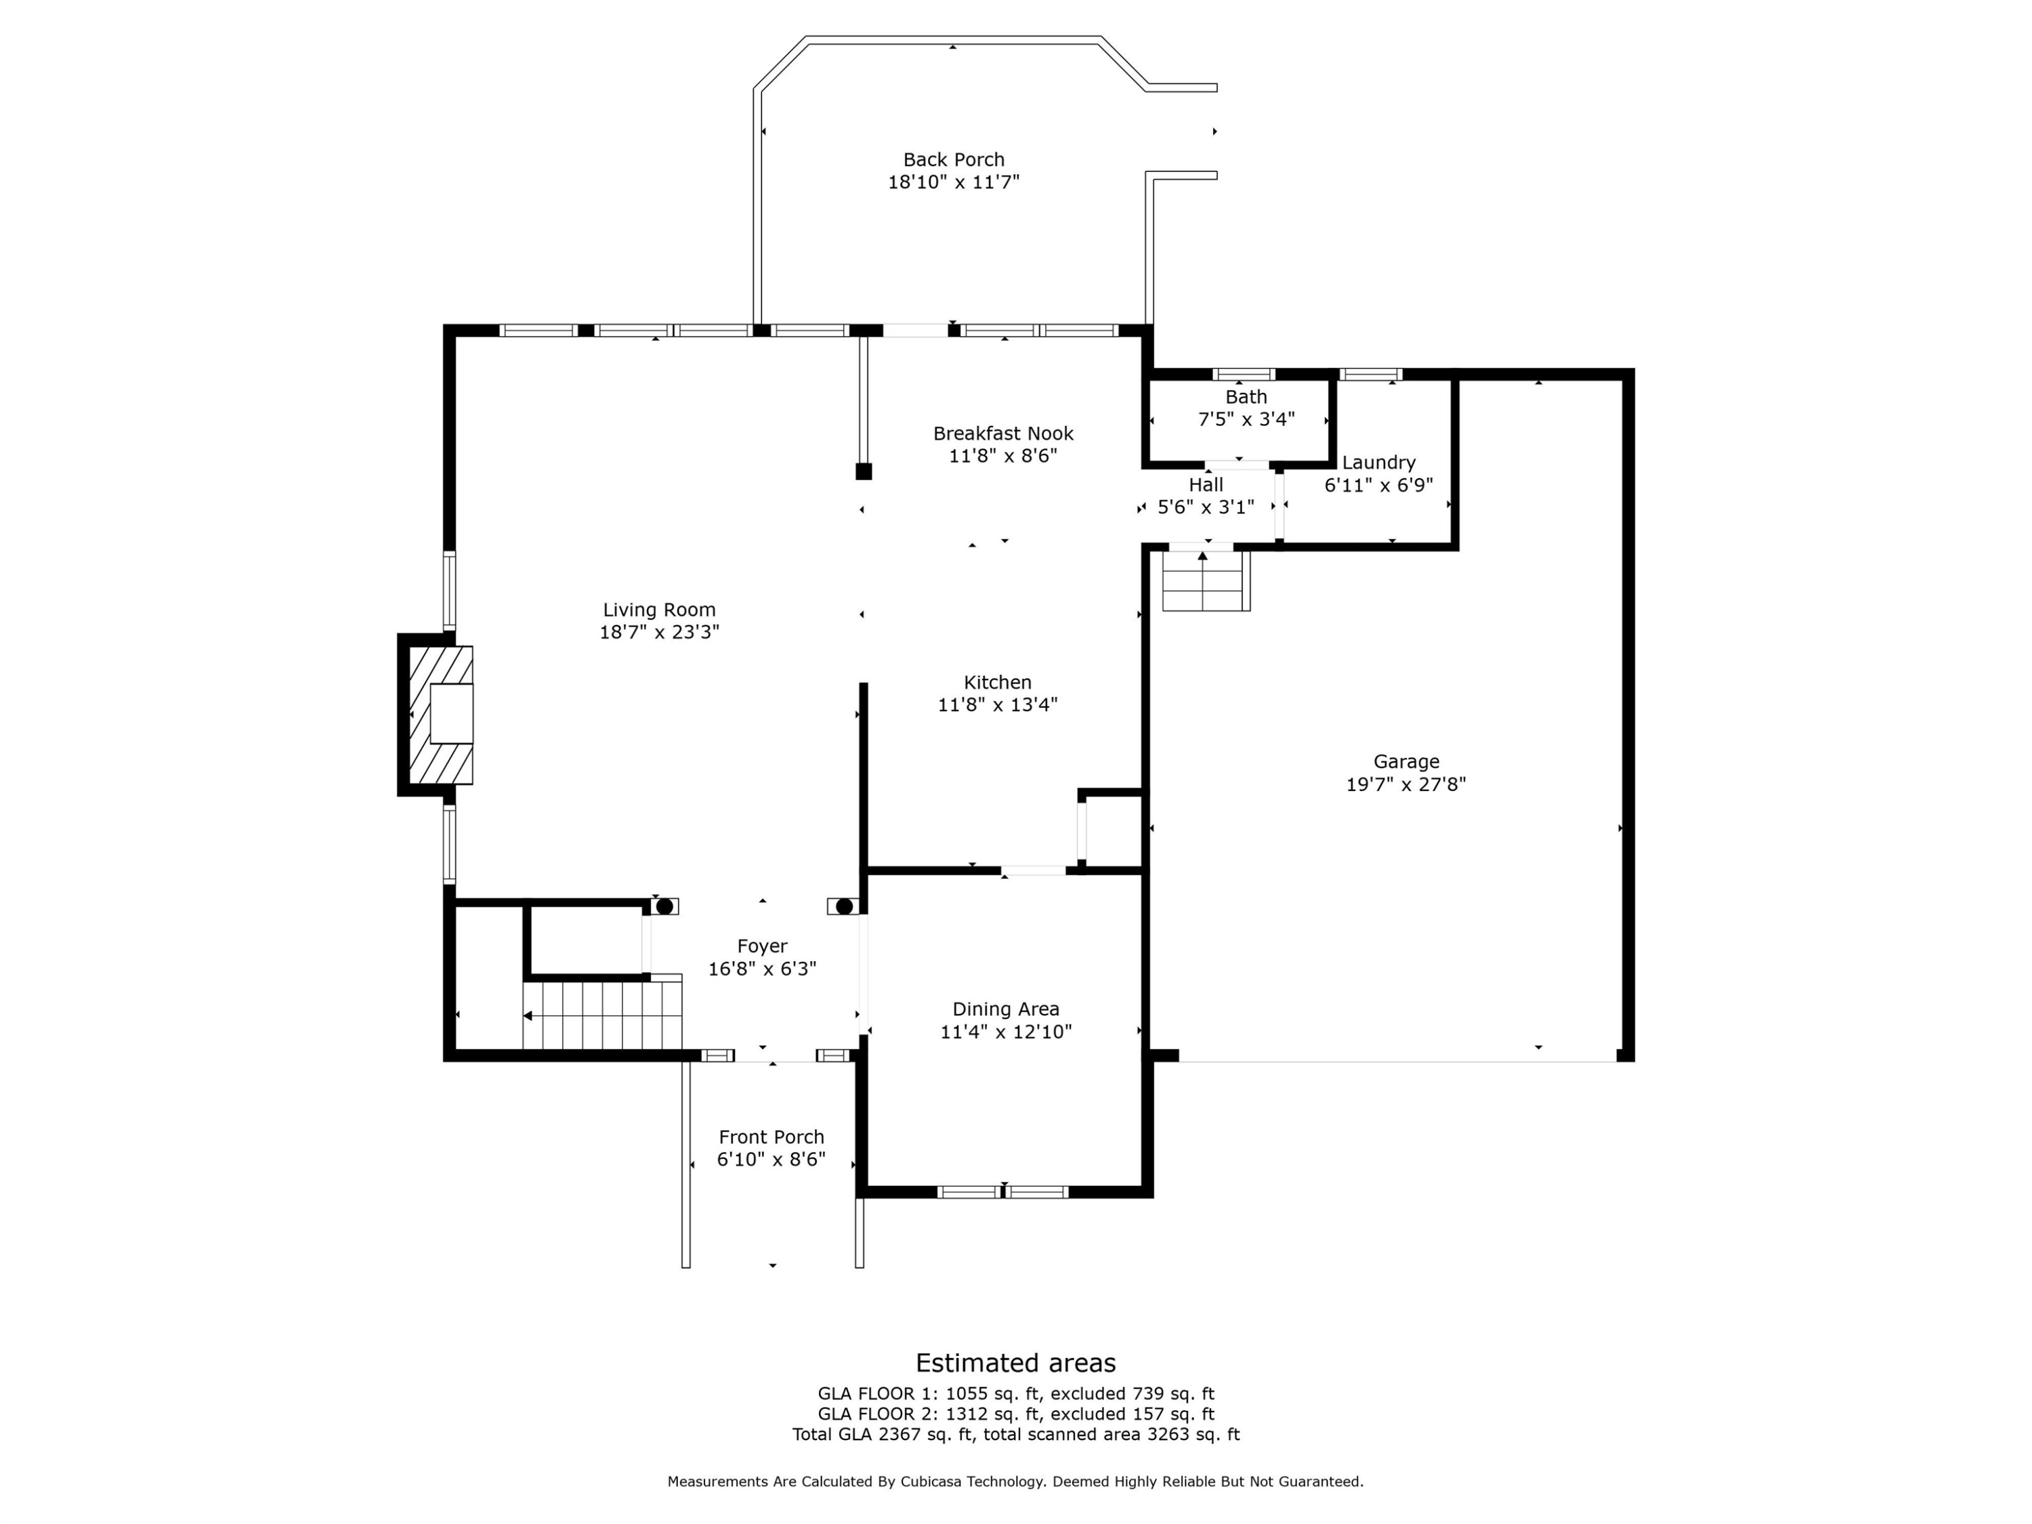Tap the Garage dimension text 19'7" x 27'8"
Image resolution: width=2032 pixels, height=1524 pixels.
coord(1405,784)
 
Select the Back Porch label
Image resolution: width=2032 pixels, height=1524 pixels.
coord(954,160)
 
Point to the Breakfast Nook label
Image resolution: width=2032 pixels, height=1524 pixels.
coord(1003,433)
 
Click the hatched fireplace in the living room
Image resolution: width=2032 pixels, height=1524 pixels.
coord(441,715)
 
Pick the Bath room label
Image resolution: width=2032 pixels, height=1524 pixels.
coord(1246,397)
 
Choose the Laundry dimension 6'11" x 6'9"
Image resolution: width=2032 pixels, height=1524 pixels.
coord(1379,485)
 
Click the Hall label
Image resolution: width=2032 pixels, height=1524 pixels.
coord(1206,484)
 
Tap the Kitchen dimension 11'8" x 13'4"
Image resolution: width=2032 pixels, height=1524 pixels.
coord(998,704)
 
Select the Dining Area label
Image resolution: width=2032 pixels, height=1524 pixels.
coord(1006,1009)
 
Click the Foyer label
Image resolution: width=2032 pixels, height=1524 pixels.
coord(763,946)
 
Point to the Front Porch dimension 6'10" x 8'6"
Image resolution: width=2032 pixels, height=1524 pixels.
coord(771,1160)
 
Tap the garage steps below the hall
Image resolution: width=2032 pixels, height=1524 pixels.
coord(1206,580)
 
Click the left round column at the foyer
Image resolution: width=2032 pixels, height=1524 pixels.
coord(664,907)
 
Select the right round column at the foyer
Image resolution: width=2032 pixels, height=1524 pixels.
coord(844,907)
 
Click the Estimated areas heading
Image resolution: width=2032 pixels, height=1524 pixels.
coord(1016,1362)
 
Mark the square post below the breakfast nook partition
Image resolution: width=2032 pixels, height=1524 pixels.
coord(864,471)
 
